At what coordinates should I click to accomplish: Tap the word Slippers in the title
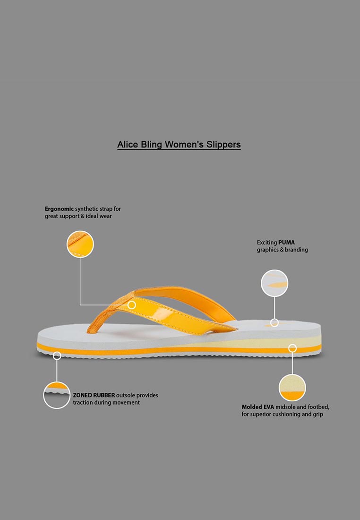tap(223, 145)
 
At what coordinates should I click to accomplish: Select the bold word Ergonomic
tap(59, 209)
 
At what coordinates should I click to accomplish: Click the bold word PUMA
tap(286, 243)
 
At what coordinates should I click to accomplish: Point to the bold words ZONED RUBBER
tap(94, 395)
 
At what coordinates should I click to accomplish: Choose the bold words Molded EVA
tap(258, 407)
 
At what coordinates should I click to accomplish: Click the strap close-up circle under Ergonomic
tap(80, 244)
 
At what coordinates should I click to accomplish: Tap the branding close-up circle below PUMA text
tap(274, 283)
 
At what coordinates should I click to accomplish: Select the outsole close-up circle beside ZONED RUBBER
tap(57, 395)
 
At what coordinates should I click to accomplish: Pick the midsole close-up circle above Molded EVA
tap(292, 388)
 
